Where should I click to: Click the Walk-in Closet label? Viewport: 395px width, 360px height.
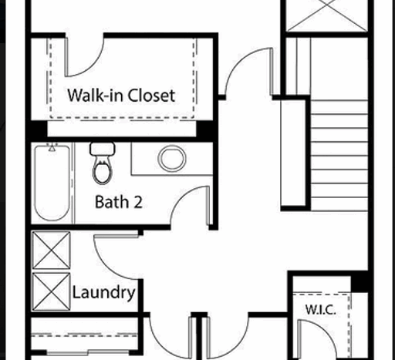pos(121,96)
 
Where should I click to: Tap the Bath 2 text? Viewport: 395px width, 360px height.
pos(118,202)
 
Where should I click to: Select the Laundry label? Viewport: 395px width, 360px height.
pos(103,293)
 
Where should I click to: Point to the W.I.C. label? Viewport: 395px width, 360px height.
pos(319,310)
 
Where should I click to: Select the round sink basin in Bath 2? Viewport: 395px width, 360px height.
pos(171,160)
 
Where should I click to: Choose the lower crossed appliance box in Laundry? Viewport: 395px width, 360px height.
pos(51,290)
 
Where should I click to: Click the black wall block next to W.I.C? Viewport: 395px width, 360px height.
pos(360,281)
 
